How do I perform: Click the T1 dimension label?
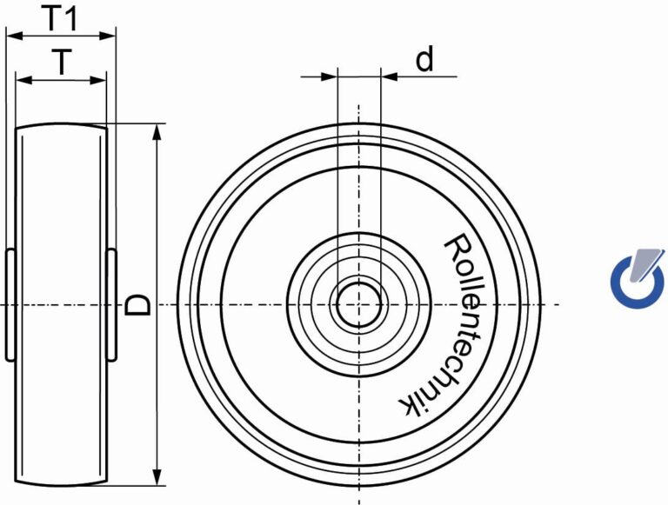pos(61,18)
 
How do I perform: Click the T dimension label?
pos(62,63)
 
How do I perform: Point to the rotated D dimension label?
pos(138,305)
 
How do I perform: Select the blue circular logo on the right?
pos(638,277)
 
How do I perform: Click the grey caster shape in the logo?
pos(646,264)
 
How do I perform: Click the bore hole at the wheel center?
pos(358,304)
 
